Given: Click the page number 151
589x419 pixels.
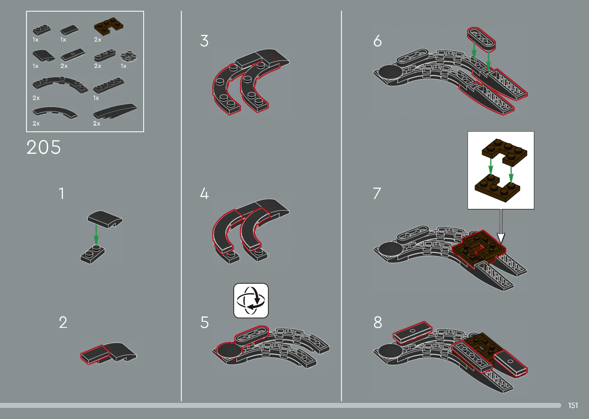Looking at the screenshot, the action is tap(573, 405).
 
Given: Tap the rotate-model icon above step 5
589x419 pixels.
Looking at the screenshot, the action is tap(251, 300).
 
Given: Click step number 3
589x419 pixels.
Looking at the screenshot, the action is tap(204, 41).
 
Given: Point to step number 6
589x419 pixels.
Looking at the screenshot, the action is tap(377, 41).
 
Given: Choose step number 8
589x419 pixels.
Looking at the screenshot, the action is tap(378, 322).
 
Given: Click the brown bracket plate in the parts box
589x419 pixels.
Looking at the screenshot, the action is tap(109, 27).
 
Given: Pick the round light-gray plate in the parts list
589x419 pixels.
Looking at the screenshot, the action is tap(129, 56).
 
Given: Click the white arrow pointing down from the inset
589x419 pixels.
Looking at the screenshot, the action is tap(501, 226).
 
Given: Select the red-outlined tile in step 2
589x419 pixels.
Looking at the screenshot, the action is tap(95, 354).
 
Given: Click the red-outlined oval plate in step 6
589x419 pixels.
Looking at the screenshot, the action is tap(481, 39).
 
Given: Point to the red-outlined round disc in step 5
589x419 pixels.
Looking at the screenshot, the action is tap(229, 351).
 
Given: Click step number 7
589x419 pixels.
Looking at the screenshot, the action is tap(377, 193).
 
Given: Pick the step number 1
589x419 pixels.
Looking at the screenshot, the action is tap(62, 193).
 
